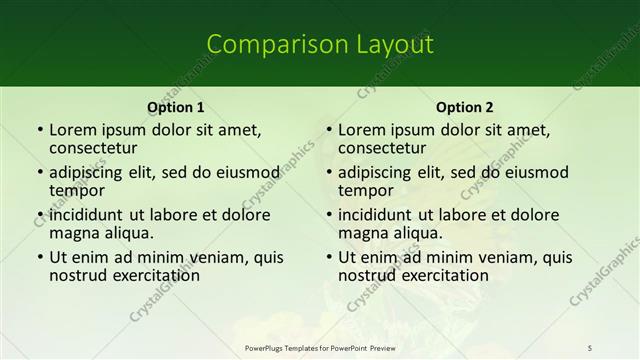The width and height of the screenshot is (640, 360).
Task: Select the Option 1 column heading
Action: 175,107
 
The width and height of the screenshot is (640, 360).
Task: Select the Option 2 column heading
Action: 464,107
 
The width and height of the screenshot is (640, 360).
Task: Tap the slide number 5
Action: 591,347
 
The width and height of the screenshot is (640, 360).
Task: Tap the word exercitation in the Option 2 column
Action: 444,275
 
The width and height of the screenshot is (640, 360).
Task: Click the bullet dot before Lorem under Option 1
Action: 39,130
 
